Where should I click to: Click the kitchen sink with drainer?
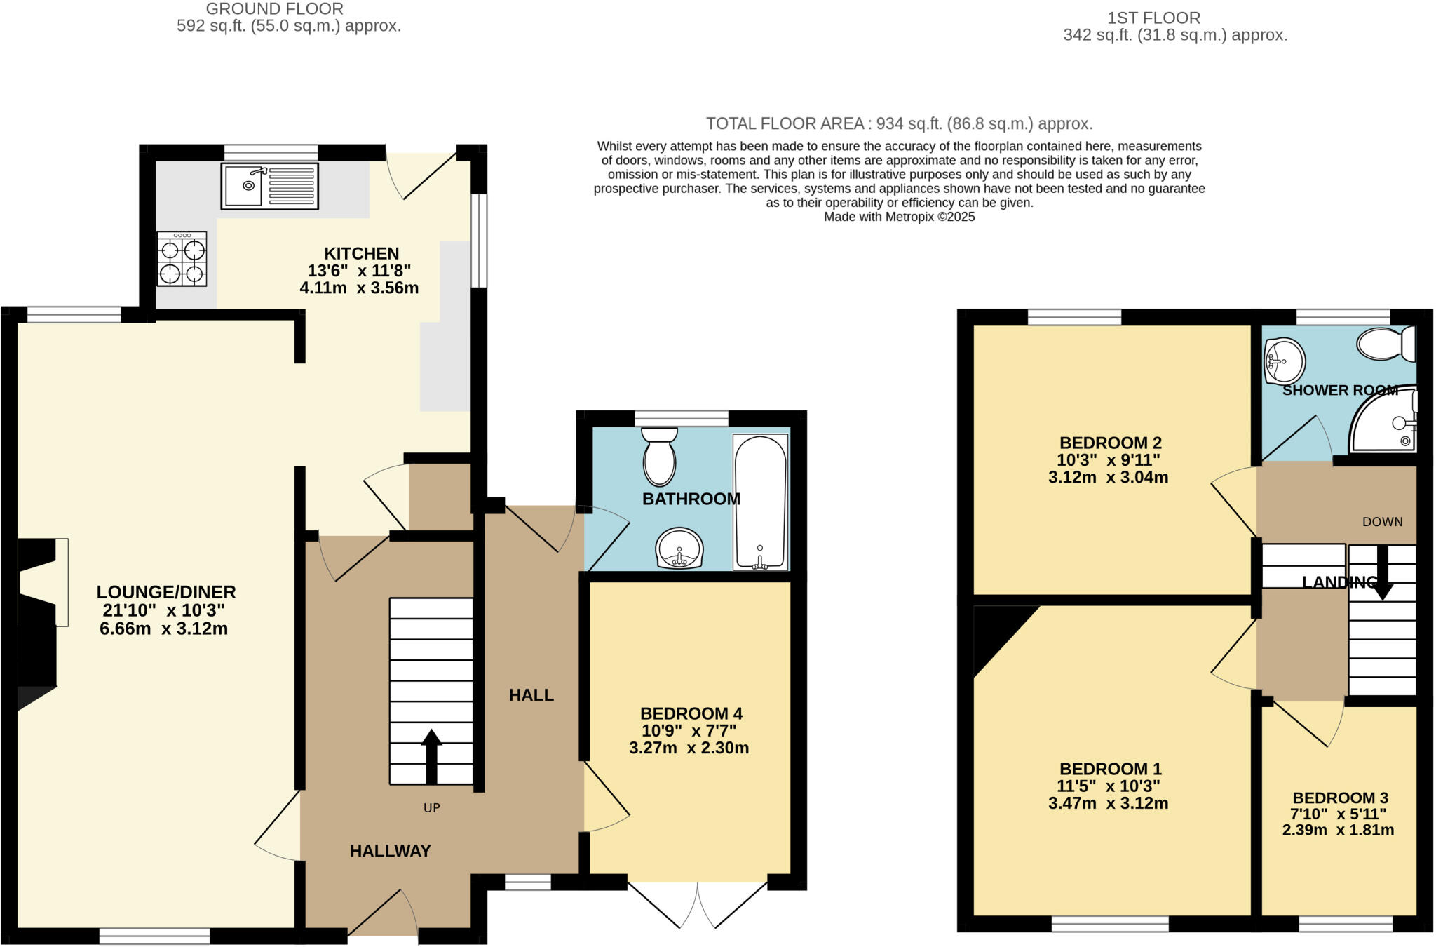[269, 186]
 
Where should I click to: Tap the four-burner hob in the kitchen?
[182, 260]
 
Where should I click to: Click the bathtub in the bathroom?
[760, 502]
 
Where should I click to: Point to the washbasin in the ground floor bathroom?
[679, 548]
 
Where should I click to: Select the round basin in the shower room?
[1285, 361]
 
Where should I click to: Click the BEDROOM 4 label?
[691, 714]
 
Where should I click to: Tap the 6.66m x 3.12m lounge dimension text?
[163, 629]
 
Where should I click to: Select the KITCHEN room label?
[361, 253]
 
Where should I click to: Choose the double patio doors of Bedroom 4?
[698, 904]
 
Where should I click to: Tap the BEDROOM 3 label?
[1340, 798]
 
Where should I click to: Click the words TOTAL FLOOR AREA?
[784, 124]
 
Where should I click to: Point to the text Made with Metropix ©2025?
[899, 217]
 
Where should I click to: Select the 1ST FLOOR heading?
[1153, 18]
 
